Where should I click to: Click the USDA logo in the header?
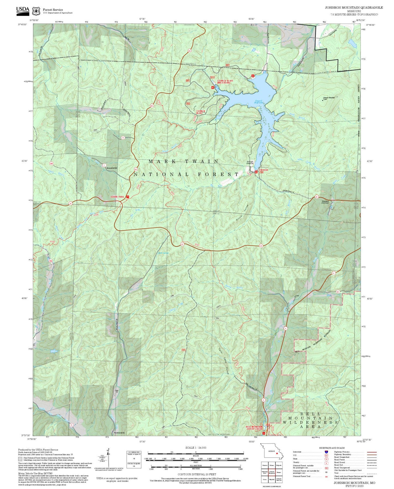click(23, 10)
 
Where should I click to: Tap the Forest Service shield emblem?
click(36, 11)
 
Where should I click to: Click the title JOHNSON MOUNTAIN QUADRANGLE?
click(354, 8)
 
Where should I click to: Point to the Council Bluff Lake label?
click(258, 102)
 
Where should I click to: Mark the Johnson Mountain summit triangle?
click(323, 99)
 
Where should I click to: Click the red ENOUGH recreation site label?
click(263, 170)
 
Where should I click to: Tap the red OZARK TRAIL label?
click(117, 197)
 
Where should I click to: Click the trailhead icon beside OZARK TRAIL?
click(127, 197)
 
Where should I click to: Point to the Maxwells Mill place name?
click(112, 168)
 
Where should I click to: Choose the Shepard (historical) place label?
click(325, 202)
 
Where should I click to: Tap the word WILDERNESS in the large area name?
click(310, 422)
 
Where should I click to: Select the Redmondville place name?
click(119, 433)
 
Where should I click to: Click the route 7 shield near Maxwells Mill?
click(104, 165)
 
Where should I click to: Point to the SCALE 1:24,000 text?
click(196, 448)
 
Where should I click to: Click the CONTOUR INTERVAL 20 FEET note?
click(197, 474)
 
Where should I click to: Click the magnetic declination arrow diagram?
click(109, 458)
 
